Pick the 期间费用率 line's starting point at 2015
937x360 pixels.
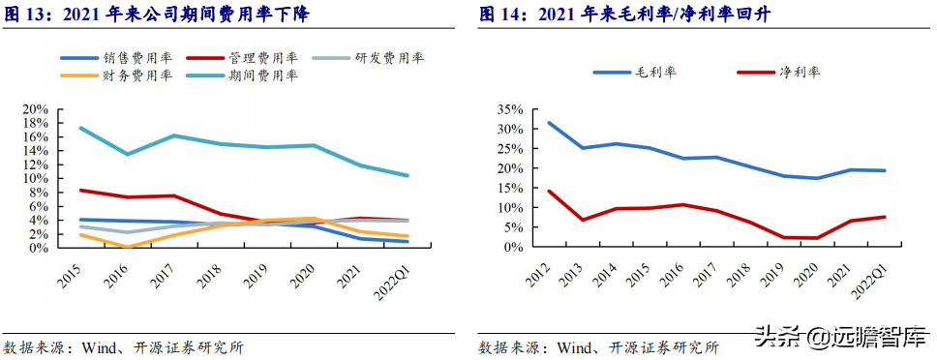click(80, 128)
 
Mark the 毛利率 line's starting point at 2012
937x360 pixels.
click(550, 123)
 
